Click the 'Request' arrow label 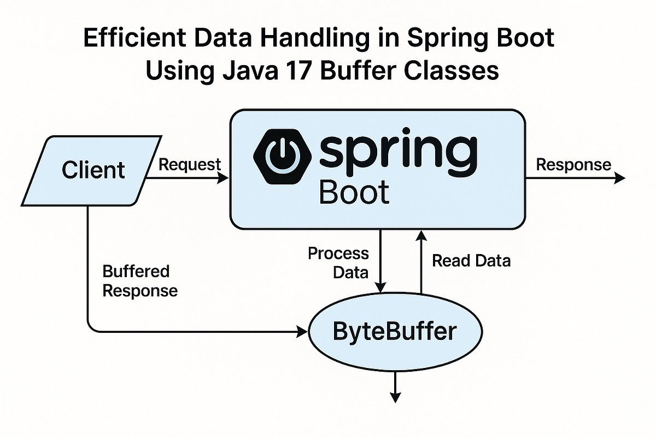189,164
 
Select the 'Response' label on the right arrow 573,164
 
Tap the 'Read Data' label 471,261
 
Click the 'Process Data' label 338,262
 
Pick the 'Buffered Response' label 140,280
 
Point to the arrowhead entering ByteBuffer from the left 302,331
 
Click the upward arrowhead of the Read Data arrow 420,235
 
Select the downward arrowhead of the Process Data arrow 380,287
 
